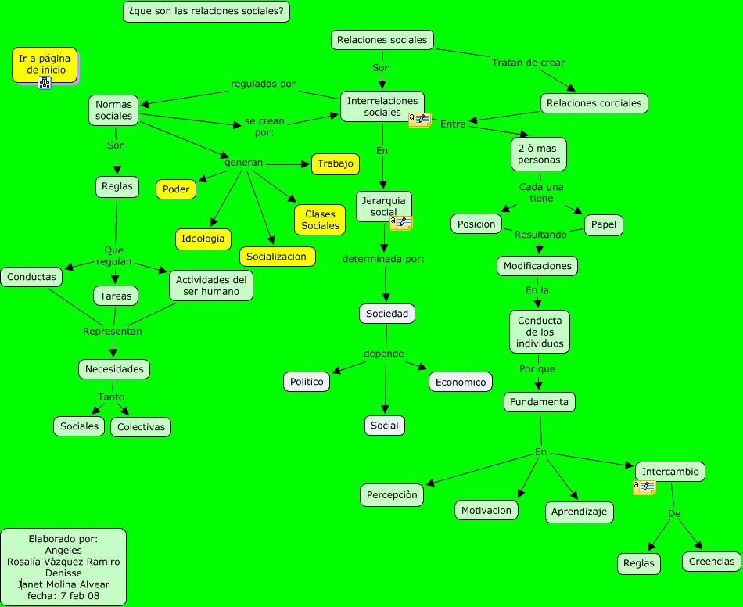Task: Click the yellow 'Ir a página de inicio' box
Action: pos(45,64)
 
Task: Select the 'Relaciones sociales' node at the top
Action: pos(382,40)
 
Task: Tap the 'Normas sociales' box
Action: pos(114,110)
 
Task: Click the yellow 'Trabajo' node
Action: pos(335,164)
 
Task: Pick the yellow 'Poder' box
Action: pos(176,189)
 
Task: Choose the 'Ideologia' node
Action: pos(203,239)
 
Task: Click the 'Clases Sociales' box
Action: pos(320,220)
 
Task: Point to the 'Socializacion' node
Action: pos(277,257)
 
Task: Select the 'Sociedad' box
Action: pos(386,314)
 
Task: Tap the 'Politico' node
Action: pos(306,382)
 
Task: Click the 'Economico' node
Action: pos(461,382)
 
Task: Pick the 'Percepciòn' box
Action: pos(393,494)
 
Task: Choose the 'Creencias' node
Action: pos(711,561)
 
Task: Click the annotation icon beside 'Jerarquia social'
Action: pos(401,223)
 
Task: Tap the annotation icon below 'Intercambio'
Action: pos(644,487)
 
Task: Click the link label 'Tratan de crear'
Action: pos(528,63)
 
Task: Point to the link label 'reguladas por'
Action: pos(263,84)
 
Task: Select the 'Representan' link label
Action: pos(113,331)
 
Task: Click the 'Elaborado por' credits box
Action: pos(63,567)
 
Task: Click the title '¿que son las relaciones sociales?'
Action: pos(206,12)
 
